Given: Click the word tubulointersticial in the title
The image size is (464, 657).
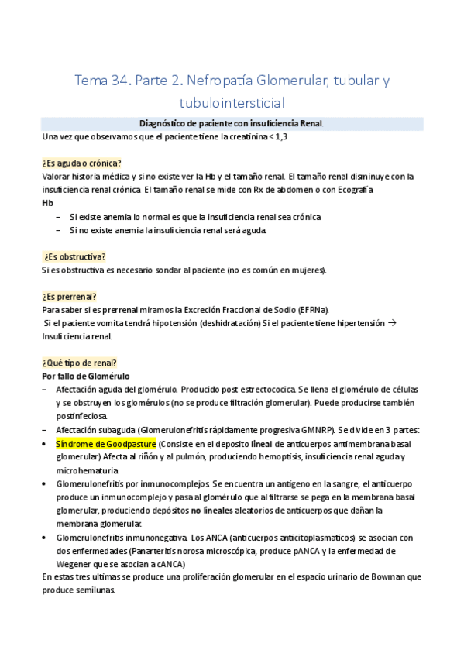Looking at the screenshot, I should (232, 101).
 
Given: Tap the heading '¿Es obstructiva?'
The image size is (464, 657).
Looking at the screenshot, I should (74, 256).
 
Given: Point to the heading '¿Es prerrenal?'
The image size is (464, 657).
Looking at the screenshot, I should (69, 297).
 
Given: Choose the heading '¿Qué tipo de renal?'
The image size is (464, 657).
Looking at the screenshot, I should (79, 363).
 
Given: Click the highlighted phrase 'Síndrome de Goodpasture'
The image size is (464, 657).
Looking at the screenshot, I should (105, 444).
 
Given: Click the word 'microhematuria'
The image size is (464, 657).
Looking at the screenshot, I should (87, 470).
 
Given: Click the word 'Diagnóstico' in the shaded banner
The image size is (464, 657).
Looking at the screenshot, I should (164, 123).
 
